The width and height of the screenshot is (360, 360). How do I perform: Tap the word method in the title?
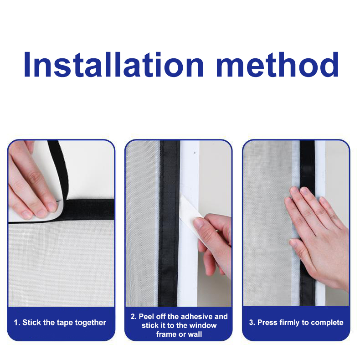coord(278,65)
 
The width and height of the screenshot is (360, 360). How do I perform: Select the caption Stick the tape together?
coord(64,323)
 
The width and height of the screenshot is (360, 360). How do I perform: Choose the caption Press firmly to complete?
coord(300,323)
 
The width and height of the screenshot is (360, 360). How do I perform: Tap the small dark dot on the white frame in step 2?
coord(195,153)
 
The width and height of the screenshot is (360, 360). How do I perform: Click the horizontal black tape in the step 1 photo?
coord(89,209)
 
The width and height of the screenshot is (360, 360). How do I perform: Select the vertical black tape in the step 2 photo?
coord(169,223)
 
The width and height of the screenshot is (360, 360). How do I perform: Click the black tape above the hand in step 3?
coord(308,165)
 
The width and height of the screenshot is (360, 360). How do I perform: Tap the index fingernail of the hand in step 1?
coord(52,207)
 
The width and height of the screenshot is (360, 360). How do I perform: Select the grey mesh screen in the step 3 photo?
coord(267,223)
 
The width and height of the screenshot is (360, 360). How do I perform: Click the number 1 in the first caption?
coord(16,323)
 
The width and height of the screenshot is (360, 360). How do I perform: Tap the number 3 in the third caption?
coord(251,323)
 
